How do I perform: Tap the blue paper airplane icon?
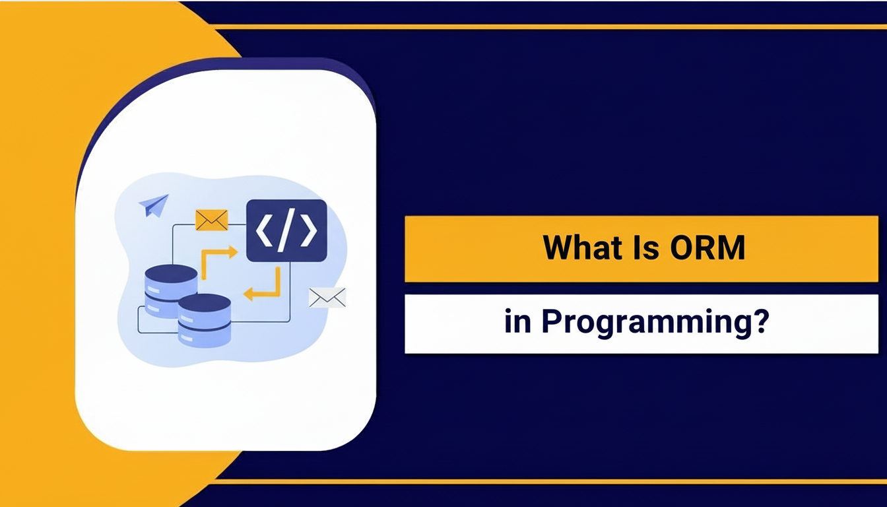point(154,205)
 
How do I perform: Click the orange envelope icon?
point(212,220)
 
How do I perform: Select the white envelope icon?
point(327,298)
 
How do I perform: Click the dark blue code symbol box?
point(286,230)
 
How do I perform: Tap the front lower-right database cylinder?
point(205,321)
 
